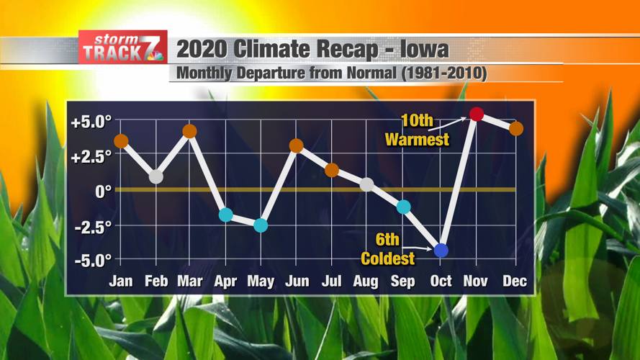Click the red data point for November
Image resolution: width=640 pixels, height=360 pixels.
click(x=476, y=114)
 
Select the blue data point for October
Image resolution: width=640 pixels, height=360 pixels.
click(x=441, y=251)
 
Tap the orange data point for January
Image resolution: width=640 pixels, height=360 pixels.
click(x=121, y=141)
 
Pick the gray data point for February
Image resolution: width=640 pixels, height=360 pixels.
click(x=156, y=176)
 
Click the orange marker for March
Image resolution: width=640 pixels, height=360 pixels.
click(x=189, y=131)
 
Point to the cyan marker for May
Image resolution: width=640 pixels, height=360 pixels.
click(x=261, y=225)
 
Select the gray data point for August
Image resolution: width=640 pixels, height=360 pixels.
click(x=366, y=185)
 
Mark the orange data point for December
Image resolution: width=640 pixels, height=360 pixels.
click(x=515, y=129)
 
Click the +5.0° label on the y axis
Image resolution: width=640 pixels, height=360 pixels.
click(x=91, y=122)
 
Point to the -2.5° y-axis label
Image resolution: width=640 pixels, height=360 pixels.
click(x=92, y=226)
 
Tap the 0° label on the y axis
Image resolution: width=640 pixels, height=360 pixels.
click(x=103, y=192)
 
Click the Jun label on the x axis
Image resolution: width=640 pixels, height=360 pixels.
click(x=297, y=282)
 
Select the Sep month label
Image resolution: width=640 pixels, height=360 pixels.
click(x=402, y=282)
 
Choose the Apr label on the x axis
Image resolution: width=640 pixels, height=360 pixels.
click(x=225, y=282)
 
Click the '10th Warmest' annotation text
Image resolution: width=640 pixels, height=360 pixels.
click(x=417, y=131)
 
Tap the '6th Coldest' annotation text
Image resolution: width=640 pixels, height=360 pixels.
click(x=388, y=250)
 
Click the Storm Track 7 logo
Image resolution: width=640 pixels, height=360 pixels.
click(x=123, y=48)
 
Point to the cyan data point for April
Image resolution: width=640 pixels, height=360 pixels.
click(x=225, y=215)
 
